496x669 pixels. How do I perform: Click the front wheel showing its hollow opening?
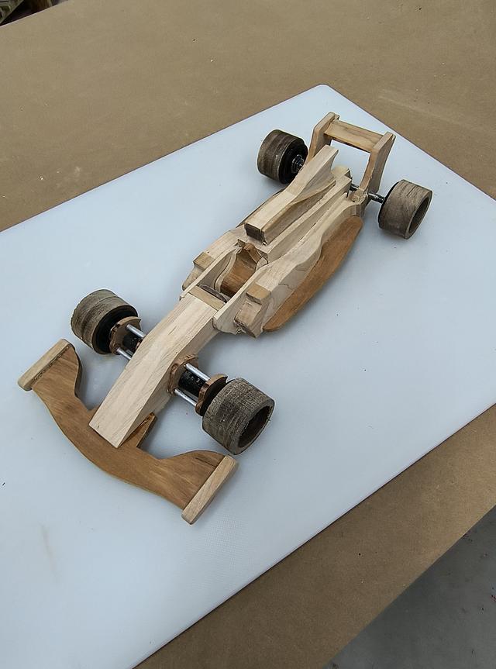point(239,414)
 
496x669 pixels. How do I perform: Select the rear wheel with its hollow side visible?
point(405,208)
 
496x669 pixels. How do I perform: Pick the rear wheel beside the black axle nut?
point(281,155)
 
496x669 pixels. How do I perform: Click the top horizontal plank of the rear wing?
point(353,136)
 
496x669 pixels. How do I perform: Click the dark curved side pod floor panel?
point(318,271)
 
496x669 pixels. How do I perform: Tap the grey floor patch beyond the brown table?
point(434,612)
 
